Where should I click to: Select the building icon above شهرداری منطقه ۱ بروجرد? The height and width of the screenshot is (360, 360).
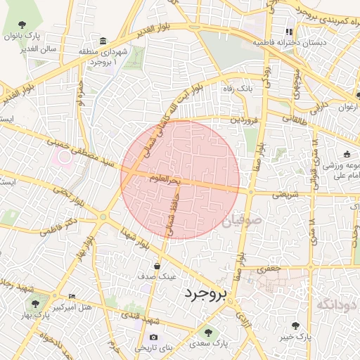pos(103,40)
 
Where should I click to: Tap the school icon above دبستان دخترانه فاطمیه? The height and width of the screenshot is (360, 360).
pos(288,32)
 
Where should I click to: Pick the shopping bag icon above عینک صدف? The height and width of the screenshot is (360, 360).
pos(155,266)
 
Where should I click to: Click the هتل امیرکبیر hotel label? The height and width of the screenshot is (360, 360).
pos(72,307)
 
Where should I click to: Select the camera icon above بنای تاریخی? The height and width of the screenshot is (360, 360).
pos(153,337)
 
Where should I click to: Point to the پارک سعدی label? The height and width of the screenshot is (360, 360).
pos(213,344)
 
